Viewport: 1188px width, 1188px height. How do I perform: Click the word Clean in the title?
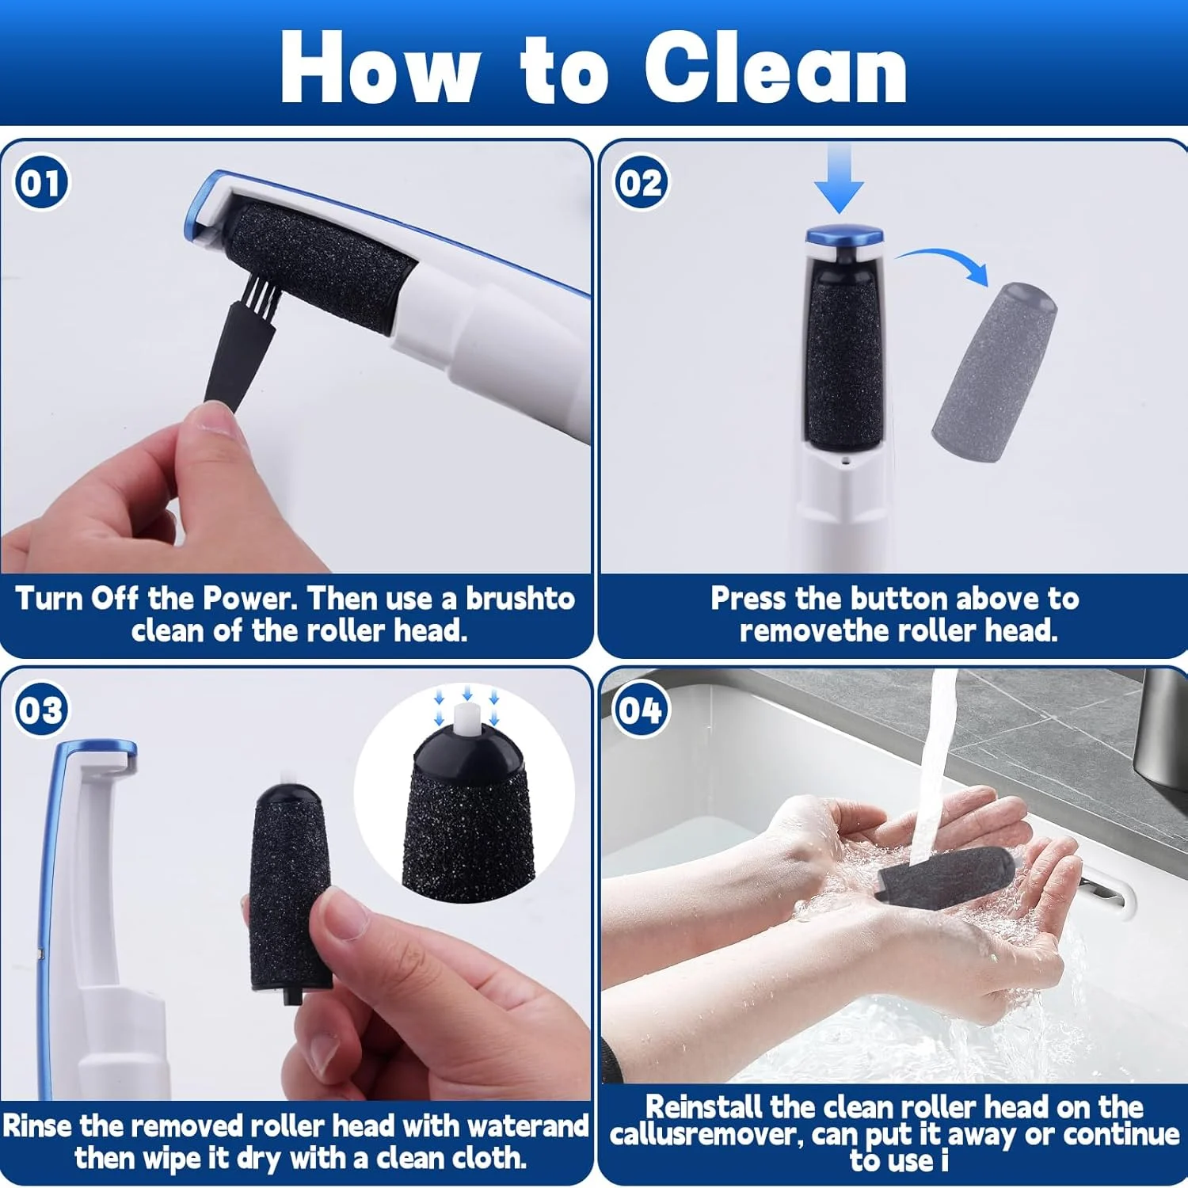pyautogui.click(x=775, y=68)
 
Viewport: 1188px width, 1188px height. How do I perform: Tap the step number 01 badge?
pyautogui.click(x=41, y=183)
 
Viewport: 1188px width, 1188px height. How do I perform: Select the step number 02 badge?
pyautogui.click(x=641, y=183)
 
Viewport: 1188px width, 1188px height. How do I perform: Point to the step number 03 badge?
pyautogui.click(x=41, y=710)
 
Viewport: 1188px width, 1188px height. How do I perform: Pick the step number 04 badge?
pyautogui.click(x=641, y=710)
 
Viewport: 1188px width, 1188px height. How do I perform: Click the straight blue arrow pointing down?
pyautogui.click(x=839, y=177)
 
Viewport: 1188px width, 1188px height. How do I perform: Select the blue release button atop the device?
pyautogui.click(x=844, y=236)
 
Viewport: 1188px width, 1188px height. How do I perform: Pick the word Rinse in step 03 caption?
pyautogui.click(x=38, y=1125)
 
